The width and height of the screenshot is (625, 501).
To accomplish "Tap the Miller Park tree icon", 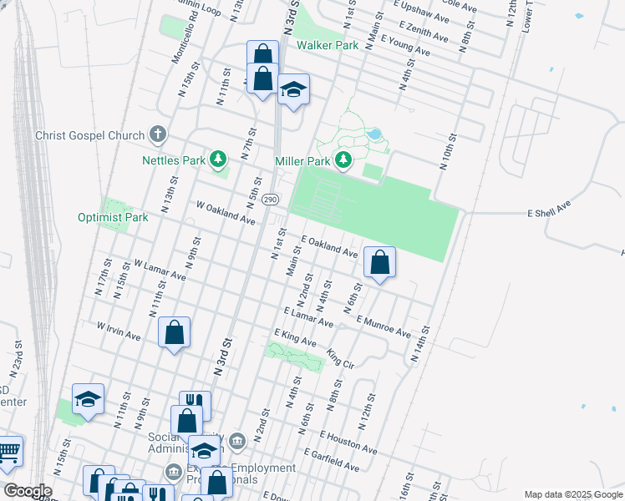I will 342,159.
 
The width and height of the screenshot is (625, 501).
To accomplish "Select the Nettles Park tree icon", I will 218,158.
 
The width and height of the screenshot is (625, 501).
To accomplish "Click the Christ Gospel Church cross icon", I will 157,134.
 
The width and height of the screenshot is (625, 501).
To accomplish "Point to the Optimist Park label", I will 113,217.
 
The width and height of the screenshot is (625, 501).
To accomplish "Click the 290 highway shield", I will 270,200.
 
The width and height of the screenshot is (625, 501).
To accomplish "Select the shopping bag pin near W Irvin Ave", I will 174,332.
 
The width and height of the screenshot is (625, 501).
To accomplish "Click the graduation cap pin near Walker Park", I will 293,89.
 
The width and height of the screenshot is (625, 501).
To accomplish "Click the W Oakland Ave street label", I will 225,212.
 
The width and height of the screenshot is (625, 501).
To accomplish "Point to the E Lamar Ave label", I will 308,317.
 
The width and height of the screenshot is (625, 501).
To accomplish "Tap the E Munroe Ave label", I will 383,326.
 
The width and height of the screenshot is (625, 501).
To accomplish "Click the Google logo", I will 27,491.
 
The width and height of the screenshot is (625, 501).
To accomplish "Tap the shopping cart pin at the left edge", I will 8,453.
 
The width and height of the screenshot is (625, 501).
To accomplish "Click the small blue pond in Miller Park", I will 374,134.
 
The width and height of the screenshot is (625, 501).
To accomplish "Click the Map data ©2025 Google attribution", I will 573,494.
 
